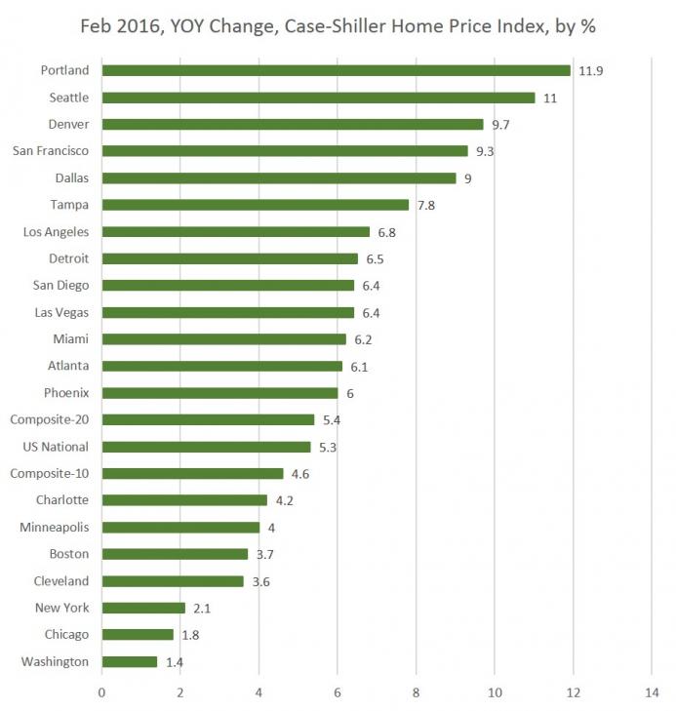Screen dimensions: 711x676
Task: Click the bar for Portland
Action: (336, 70)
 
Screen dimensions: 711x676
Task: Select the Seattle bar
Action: (318, 98)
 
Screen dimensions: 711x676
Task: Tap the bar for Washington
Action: (130, 661)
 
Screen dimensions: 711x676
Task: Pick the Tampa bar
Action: (256, 205)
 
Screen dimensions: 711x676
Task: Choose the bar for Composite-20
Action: (208, 419)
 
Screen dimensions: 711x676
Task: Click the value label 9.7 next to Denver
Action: (499, 124)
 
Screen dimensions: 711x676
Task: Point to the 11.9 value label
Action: (589, 70)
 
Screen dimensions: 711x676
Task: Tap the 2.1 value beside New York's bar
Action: (201, 608)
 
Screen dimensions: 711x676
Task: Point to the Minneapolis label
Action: (55, 528)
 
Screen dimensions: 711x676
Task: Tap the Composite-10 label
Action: (49, 473)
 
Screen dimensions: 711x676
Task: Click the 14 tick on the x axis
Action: (651, 693)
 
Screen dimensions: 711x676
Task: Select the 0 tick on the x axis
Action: (101, 693)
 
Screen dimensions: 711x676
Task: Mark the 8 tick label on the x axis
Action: (416, 693)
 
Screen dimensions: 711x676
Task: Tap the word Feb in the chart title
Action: (96, 26)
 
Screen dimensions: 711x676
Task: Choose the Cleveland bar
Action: (173, 581)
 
